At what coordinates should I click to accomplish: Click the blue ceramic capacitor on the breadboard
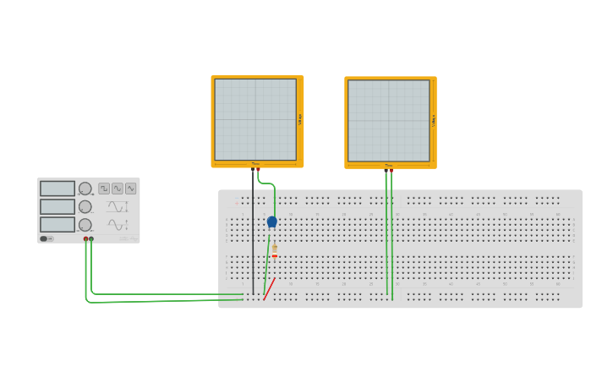271,222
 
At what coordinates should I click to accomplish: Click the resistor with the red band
274,249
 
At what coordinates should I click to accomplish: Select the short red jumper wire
269,289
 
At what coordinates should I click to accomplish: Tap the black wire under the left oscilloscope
253,237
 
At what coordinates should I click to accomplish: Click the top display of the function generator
57,189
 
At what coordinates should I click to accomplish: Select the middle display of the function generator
57,206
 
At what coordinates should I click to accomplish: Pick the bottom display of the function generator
57,224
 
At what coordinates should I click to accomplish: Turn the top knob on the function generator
85,189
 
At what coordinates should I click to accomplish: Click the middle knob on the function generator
85,206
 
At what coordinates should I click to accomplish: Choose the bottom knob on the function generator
85,225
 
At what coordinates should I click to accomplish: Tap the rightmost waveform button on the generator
130,189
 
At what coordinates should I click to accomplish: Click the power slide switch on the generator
44,238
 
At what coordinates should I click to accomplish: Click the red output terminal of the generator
86,239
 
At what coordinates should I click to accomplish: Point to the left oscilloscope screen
255,119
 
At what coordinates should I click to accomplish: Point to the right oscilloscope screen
389,120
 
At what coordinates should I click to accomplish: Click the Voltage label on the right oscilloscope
434,121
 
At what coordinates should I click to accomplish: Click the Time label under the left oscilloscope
255,164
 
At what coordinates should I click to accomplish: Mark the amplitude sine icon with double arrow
118,225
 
